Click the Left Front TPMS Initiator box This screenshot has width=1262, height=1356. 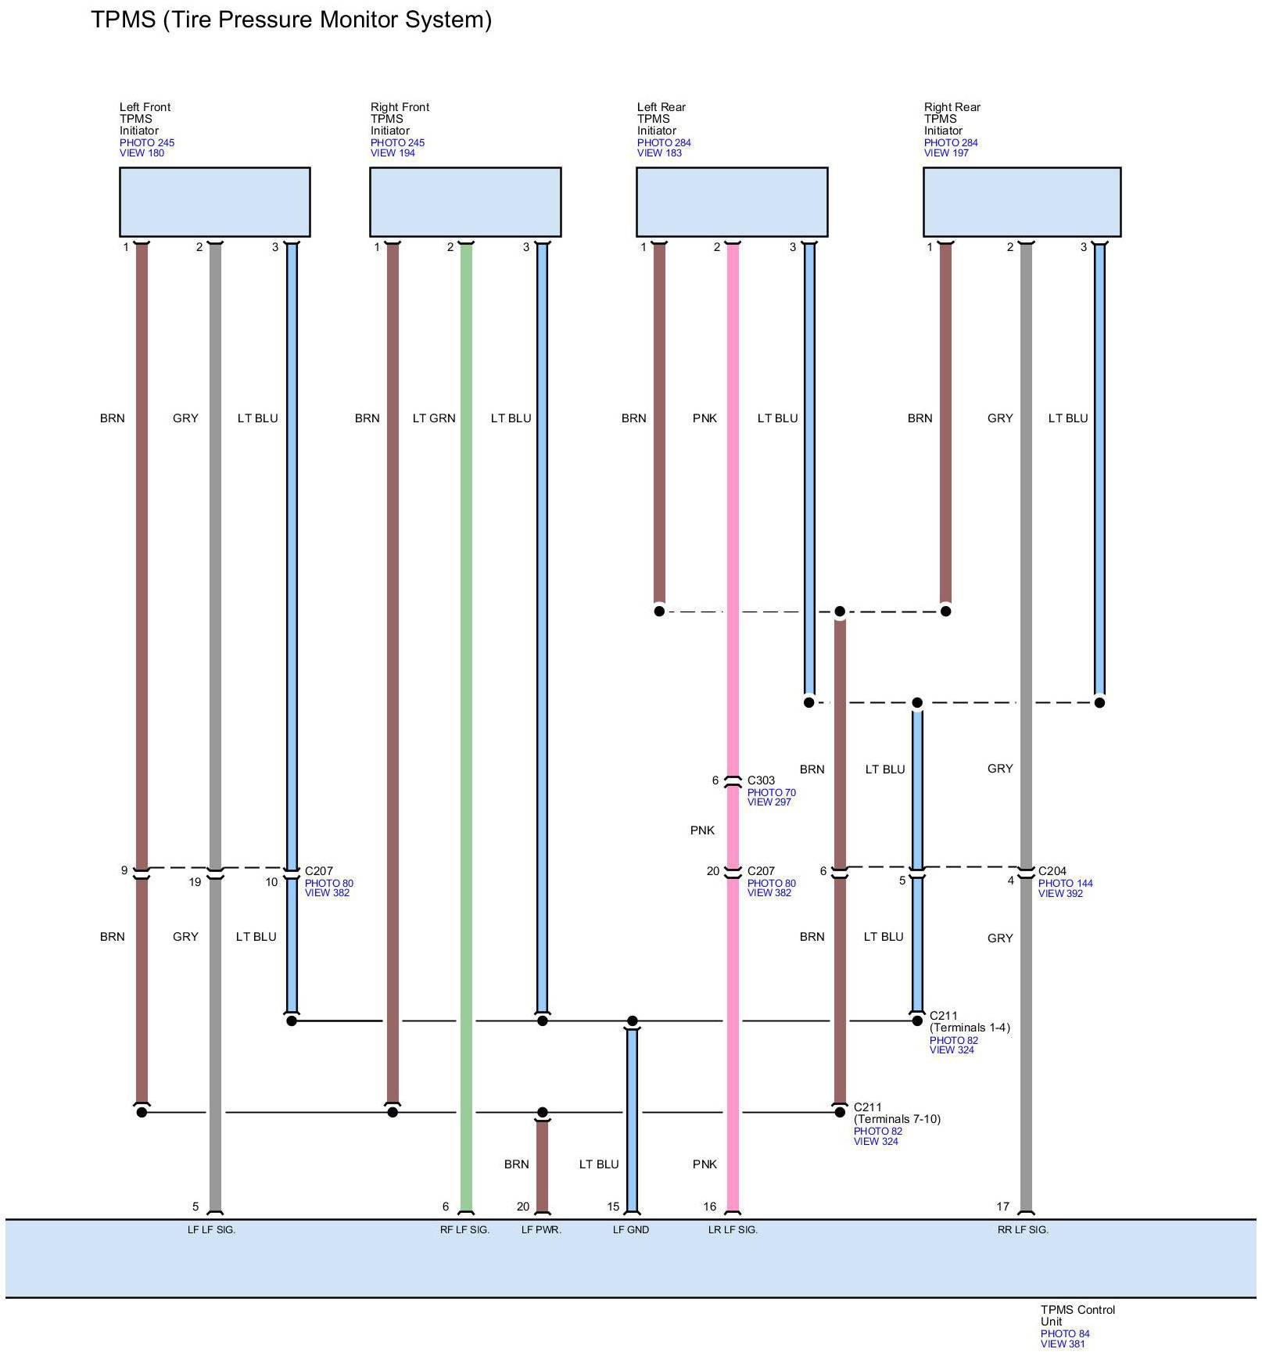[214, 202]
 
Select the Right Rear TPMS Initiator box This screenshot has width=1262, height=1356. [1021, 202]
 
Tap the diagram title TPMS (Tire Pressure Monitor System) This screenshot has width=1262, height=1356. [291, 20]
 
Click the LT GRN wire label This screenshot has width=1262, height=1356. [433, 418]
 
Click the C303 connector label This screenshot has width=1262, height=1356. [761, 780]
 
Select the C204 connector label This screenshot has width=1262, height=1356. [1052, 871]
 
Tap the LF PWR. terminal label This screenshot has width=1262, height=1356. [541, 1230]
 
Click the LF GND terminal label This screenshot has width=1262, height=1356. [630, 1230]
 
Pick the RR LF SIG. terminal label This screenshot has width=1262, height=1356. [1023, 1230]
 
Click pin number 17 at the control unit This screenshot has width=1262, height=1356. [1002, 1207]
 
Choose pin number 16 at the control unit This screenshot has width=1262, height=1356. [709, 1207]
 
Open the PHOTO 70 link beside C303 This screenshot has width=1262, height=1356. [771, 792]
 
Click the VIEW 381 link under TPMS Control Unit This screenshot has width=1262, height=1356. [1062, 1344]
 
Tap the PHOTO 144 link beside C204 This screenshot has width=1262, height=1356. [1065, 884]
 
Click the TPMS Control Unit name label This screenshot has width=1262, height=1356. [1077, 1315]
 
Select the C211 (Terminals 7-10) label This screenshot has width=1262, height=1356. [896, 1114]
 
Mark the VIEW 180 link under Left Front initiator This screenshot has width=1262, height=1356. [142, 153]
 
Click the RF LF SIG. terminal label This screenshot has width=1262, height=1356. [464, 1230]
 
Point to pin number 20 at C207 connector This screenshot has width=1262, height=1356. [712, 871]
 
